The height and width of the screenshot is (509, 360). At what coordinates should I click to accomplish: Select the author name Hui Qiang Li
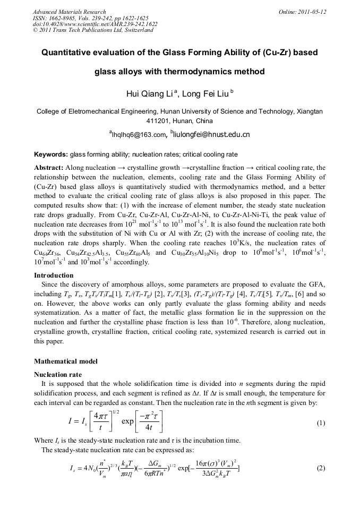(x=148, y=94)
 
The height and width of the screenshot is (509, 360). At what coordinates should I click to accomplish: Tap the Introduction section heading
(x=54, y=275)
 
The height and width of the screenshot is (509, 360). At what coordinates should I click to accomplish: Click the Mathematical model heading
(x=66, y=361)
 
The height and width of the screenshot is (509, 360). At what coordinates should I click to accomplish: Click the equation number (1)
(x=320, y=424)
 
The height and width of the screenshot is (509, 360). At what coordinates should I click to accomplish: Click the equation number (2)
(x=320, y=469)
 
